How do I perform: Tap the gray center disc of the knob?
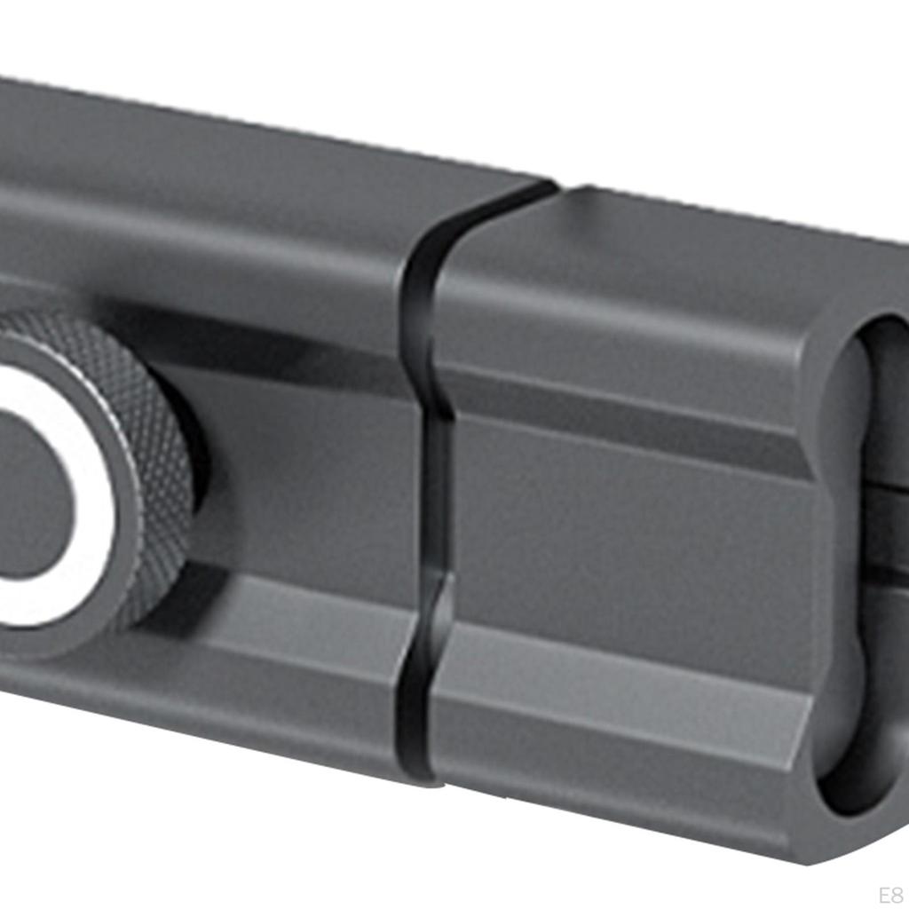27,497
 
